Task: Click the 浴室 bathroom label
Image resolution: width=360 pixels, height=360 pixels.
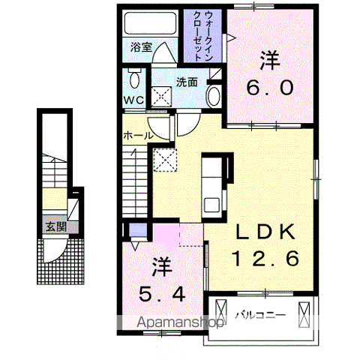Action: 141,46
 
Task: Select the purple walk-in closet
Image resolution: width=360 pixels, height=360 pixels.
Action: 203,36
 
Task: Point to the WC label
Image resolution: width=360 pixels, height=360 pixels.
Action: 133,100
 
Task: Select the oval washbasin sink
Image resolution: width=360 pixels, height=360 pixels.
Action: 213,96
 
